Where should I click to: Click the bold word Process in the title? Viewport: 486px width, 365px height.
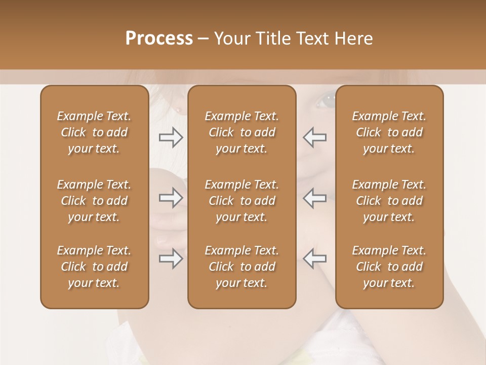(159, 39)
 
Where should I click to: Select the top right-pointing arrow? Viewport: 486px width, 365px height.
(171, 137)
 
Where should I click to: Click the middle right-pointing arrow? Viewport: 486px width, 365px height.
(171, 198)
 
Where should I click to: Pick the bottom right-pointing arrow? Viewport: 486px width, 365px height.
(171, 259)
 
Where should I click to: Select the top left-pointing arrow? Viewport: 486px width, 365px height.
(315, 137)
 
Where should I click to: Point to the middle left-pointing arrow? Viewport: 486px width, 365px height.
(315, 198)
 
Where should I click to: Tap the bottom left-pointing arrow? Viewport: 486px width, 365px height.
(315, 259)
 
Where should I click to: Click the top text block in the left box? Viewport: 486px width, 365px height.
(94, 132)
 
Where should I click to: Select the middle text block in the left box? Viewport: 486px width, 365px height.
(94, 201)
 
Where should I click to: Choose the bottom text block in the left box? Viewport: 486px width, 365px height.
(94, 267)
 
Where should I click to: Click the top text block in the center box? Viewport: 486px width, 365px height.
(242, 132)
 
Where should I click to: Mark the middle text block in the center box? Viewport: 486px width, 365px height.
(242, 201)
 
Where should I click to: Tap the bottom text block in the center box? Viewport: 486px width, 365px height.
(242, 267)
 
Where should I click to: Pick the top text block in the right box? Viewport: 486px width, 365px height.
(389, 132)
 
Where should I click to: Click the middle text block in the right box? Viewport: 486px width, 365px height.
(389, 201)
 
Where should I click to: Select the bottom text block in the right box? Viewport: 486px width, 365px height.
(389, 267)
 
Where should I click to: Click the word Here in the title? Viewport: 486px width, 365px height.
(354, 39)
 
